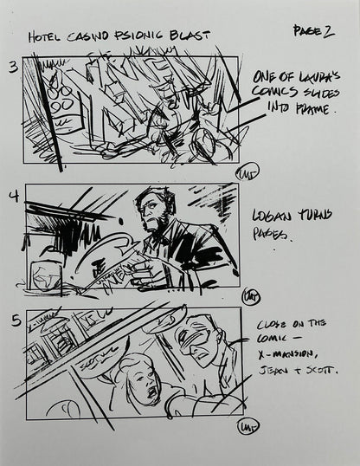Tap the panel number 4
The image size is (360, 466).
click(13, 196)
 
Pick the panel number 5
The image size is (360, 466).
click(13, 320)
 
